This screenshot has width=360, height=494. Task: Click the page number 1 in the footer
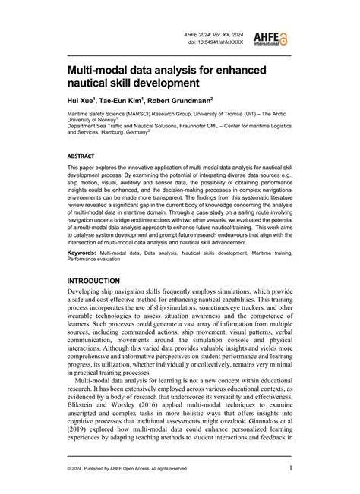tap(291, 468)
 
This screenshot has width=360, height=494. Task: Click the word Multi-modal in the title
tap(100, 68)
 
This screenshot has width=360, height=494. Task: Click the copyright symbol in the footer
tap(69, 469)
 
